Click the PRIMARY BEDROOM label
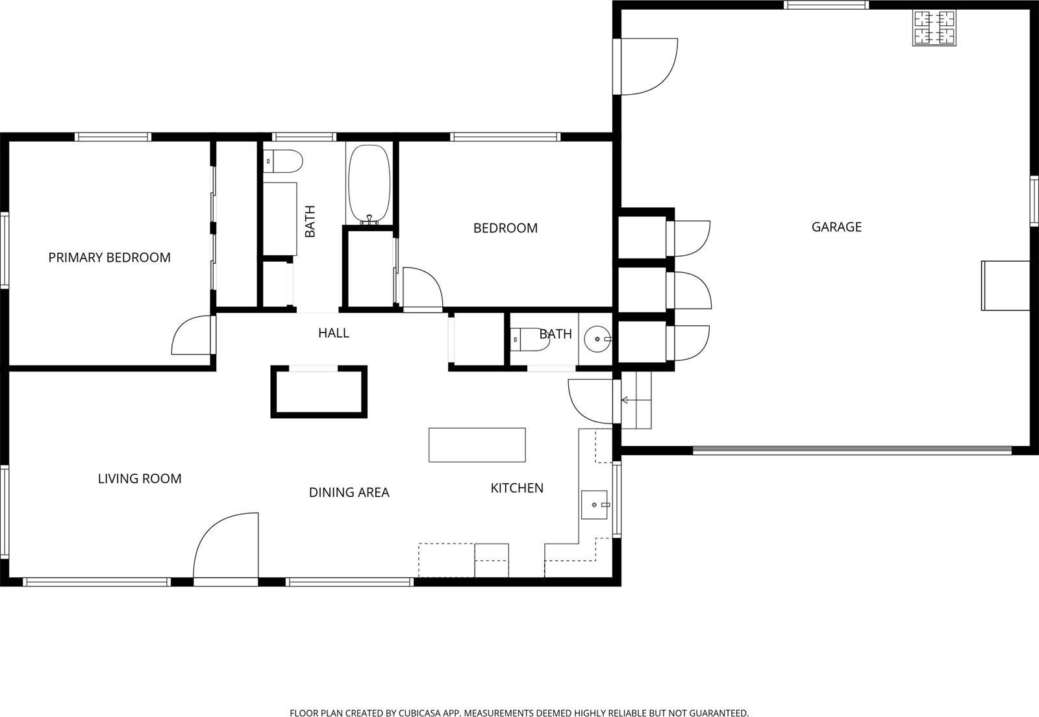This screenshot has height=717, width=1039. pyautogui.click(x=110, y=257)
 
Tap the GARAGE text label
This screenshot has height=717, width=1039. pyautogui.click(x=836, y=227)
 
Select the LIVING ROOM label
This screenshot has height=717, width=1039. pyautogui.click(x=140, y=478)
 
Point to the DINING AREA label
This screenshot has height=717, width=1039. pyautogui.click(x=349, y=492)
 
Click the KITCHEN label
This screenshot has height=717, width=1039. pyautogui.click(x=517, y=488)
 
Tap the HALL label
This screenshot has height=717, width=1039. pyautogui.click(x=334, y=333)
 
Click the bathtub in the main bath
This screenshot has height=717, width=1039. pyautogui.click(x=369, y=184)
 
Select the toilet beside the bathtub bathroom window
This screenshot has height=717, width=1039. pyautogui.click(x=283, y=162)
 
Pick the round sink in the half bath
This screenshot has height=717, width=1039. pyautogui.click(x=597, y=339)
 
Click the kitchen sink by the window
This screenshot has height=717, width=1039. pyautogui.click(x=594, y=505)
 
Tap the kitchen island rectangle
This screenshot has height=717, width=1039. pyautogui.click(x=477, y=445)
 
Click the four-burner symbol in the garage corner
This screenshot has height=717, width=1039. pyautogui.click(x=934, y=27)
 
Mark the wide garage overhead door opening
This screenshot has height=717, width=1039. pyautogui.click(x=852, y=450)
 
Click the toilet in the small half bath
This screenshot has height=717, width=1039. pyautogui.click(x=530, y=339)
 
